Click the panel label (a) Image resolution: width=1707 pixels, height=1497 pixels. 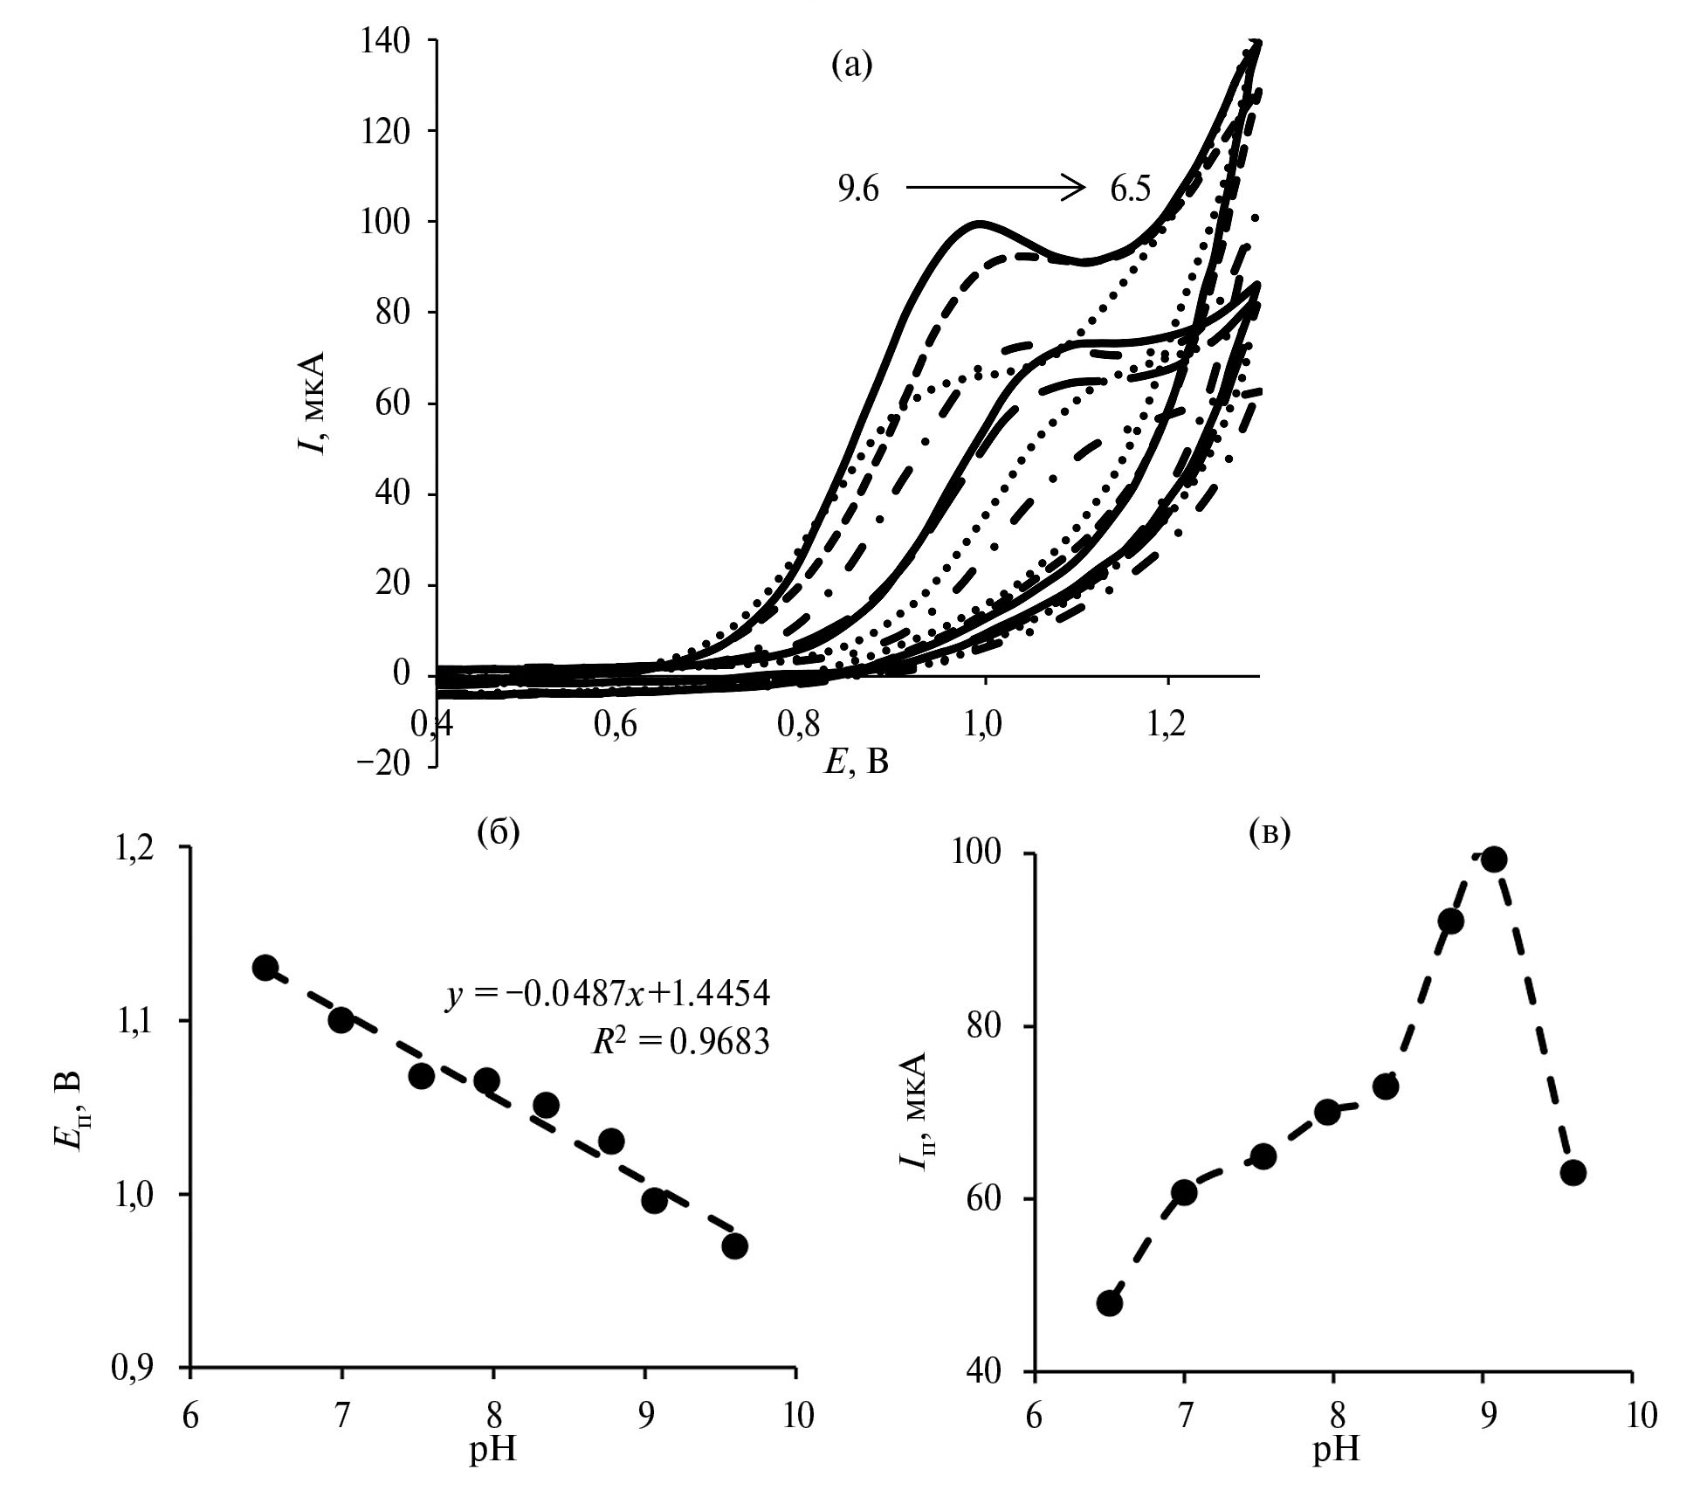point(851,65)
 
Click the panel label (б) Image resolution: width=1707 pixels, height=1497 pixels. point(498,832)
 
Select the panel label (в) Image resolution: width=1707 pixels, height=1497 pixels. point(1270,833)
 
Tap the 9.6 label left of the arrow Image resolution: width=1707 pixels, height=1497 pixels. point(857,190)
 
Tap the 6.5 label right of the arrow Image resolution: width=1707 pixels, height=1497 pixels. point(1131,190)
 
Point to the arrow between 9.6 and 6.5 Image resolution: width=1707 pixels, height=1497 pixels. point(995,187)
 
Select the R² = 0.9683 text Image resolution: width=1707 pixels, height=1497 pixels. point(680,1042)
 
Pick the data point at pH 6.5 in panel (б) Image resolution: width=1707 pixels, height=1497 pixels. point(265,967)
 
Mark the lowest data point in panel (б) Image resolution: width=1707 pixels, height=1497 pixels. point(734,1245)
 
